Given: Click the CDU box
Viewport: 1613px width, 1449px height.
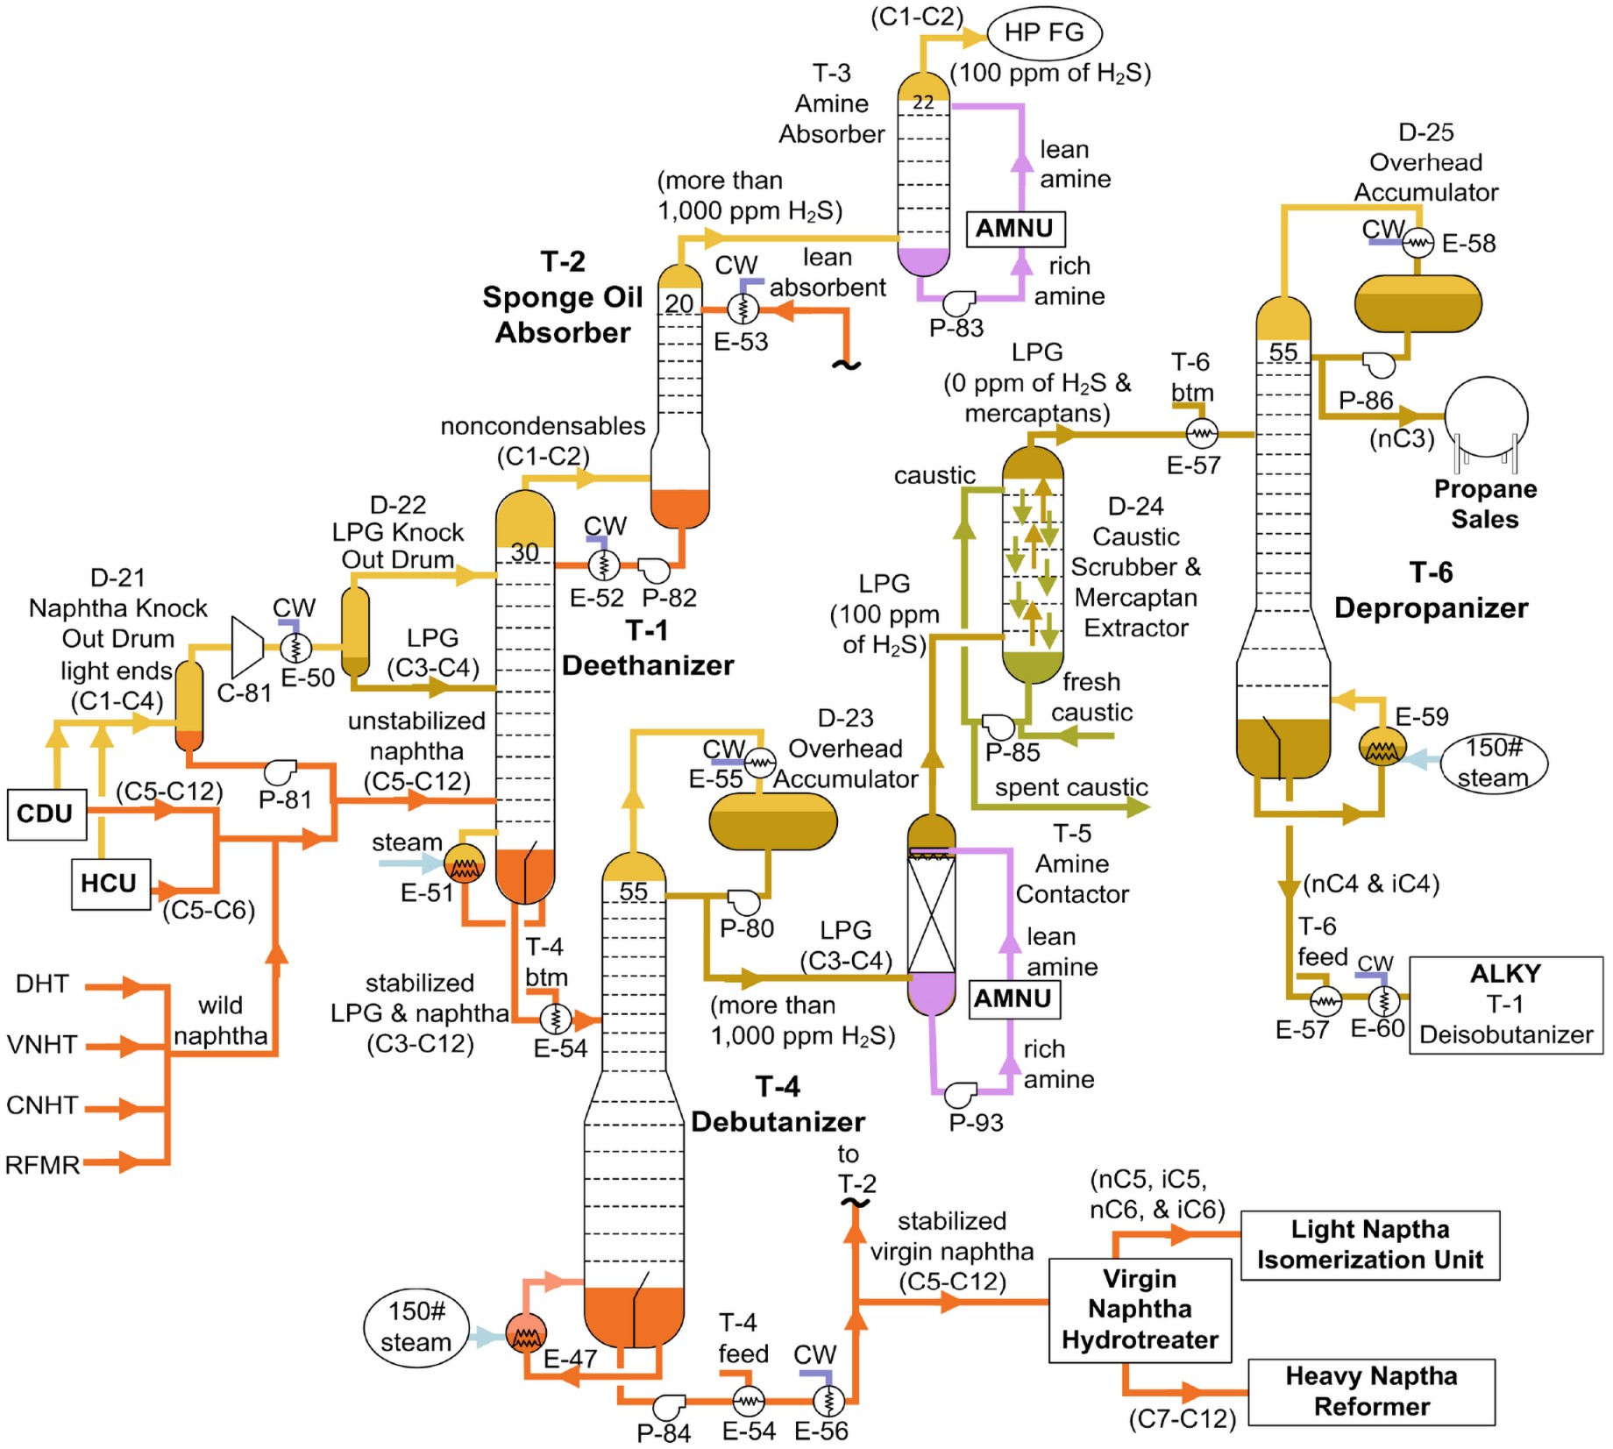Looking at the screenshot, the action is pyautogui.click(x=46, y=814).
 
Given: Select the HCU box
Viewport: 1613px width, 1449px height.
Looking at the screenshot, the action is pyautogui.click(x=110, y=884).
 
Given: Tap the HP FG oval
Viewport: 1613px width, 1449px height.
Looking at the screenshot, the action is pyautogui.click(x=1044, y=33).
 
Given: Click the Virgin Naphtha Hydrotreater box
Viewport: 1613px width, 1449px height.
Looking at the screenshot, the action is pyautogui.click(x=1140, y=1310).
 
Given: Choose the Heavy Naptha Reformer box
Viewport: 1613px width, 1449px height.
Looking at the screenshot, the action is pyautogui.click(x=1371, y=1391).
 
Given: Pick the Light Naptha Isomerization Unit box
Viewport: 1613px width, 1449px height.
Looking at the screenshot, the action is pyautogui.click(x=1370, y=1245).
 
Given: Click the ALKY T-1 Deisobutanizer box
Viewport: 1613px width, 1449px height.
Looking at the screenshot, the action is pyautogui.click(x=1505, y=1005).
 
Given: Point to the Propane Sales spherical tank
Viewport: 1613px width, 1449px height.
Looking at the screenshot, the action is pyautogui.click(x=1486, y=418).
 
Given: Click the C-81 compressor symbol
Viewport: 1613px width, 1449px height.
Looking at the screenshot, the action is pyautogui.click(x=248, y=647).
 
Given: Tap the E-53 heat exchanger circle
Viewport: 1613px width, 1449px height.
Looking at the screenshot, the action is pyautogui.click(x=743, y=309).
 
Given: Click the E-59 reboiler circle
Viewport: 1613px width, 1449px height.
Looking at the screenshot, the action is pyautogui.click(x=1382, y=747).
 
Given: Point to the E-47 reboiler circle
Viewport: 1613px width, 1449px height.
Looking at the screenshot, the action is pyautogui.click(x=526, y=1333).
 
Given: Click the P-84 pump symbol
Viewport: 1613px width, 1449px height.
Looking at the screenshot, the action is pyautogui.click(x=669, y=1405).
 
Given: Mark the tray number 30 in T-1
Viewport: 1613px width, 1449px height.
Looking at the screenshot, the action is pyautogui.click(x=524, y=552).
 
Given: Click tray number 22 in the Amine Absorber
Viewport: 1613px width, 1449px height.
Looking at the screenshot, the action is pyautogui.click(x=922, y=103).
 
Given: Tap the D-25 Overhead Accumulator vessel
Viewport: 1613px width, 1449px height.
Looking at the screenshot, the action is pyautogui.click(x=1418, y=303).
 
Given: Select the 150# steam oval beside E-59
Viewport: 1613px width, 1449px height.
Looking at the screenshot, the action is pyautogui.click(x=1494, y=763).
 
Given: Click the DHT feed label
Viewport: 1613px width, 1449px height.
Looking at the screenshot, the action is pyautogui.click(x=42, y=984).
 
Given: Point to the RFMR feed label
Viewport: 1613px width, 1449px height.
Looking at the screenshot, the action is pyautogui.click(x=42, y=1165).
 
